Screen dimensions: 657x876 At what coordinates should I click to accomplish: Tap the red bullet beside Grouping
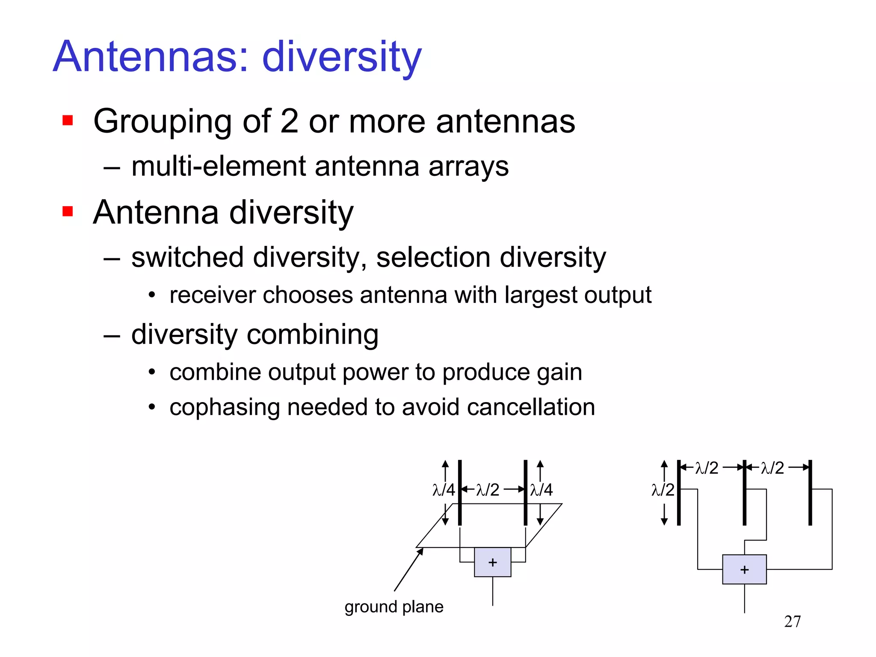click(68, 120)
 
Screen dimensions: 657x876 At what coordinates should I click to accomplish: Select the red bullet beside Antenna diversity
click(68, 211)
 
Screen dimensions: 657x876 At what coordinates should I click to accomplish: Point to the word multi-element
click(219, 166)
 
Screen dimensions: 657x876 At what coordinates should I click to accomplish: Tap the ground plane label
click(394, 607)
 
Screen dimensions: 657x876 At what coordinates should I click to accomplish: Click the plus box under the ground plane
click(492, 562)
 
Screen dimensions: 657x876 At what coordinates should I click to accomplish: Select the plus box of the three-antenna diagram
click(744, 569)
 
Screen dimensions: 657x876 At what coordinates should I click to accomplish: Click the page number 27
click(792, 621)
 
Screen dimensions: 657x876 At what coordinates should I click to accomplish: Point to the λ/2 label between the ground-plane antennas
click(488, 490)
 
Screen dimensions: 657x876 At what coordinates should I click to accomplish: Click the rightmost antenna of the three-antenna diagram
click(810, 493)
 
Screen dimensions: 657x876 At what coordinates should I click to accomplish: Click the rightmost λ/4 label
click(541, 490)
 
